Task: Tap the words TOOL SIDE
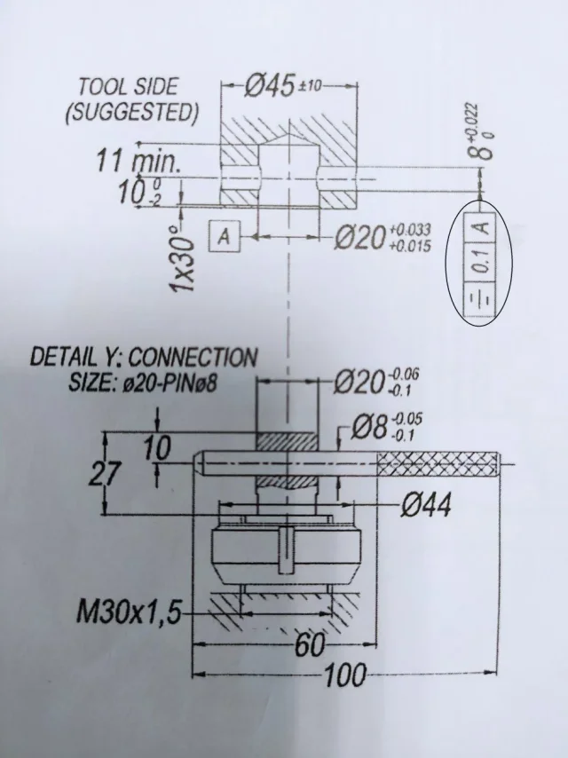128,87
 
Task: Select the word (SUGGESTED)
131,113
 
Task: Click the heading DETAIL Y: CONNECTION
144,358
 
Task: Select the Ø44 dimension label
425,506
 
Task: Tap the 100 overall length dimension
343,676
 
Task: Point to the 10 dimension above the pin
157,449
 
